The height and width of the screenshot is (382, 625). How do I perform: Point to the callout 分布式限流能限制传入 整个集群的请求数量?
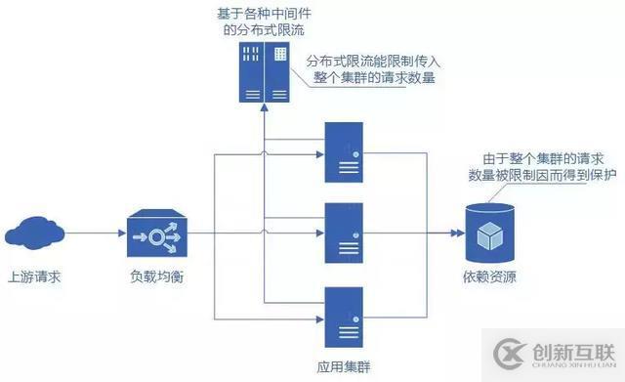[x=375, y=68]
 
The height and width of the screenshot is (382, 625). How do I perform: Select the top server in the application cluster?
[x=344, y=152]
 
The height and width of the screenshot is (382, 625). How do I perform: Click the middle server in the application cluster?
[x=344, y=234]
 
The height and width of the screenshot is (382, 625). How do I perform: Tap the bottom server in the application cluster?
[x=344, y=318]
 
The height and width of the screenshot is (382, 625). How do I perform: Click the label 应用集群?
[x=344, y=365]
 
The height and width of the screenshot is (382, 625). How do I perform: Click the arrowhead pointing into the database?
[x=456, y=235]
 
